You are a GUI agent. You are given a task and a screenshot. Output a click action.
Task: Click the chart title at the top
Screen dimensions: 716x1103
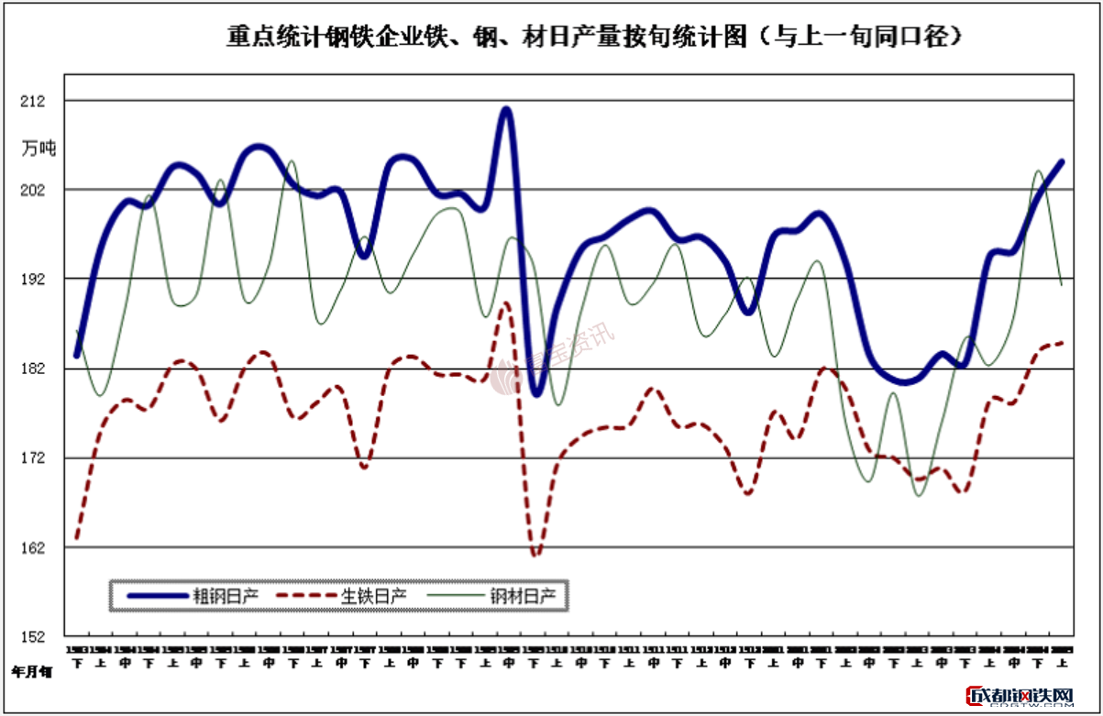pyautogui.click(x=595, y=37)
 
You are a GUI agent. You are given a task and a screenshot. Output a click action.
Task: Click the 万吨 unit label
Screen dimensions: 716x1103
pyautogui.click(x=39, y=148)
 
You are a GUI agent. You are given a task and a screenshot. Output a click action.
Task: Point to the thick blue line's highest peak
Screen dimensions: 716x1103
pyautogui.click(x=505, y=109)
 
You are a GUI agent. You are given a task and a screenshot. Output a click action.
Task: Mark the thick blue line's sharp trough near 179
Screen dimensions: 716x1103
pyautogui.click(x=536, y=394)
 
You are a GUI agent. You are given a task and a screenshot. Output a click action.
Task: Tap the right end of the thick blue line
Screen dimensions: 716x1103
pyautogui.click(x=1062, y=162)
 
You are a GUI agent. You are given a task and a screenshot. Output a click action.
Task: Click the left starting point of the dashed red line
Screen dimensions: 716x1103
pyautogui.click(x=77, y=538)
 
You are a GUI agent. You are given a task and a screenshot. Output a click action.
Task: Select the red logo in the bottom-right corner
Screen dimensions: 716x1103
pyautogui.click(x=1020, y=698)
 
